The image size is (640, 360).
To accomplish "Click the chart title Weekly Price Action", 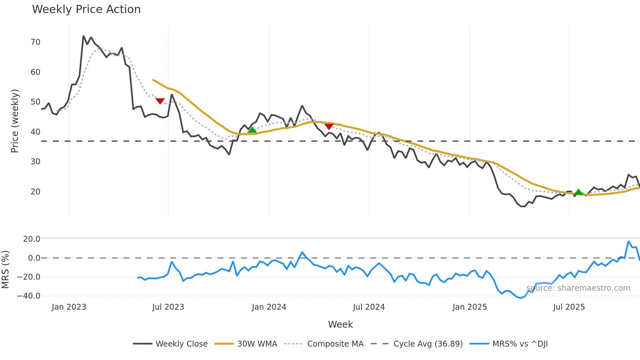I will (86, 9).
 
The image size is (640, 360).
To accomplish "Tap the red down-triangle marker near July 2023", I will (160, 101).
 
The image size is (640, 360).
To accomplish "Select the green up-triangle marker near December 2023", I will (252, 130).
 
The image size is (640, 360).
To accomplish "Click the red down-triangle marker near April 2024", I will (329, 126).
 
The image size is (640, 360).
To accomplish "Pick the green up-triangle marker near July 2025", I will (579, 192).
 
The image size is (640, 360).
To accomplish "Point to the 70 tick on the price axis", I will (35, 42).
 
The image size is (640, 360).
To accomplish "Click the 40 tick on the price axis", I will (35, 132).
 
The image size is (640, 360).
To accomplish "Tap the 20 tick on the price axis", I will (35, 192).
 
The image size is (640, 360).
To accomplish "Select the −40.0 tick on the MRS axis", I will (29, 296).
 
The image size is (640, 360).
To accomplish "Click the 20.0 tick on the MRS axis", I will (32, 239).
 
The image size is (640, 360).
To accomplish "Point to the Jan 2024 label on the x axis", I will (269, 307).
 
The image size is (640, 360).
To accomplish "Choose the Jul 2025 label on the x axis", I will (569, 307).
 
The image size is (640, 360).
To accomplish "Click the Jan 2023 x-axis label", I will (69, 307).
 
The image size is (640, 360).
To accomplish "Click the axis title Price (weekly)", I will (15, 121).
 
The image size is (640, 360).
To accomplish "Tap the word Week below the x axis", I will (340, 324).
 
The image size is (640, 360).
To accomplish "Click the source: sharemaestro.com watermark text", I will (578, 288).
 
